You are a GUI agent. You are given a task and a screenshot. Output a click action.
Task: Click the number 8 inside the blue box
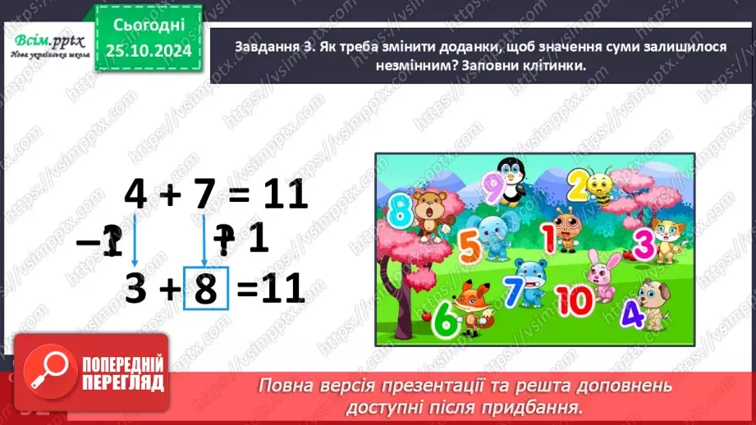click(205, 288)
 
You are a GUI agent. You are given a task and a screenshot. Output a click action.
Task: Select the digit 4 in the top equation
click(135, 196)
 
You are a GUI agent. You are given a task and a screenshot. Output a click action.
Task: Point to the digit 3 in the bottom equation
click(135, 288)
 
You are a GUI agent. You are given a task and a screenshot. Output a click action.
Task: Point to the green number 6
click(443, 319)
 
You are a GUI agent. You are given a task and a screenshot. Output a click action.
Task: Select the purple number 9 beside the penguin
click(490, 185)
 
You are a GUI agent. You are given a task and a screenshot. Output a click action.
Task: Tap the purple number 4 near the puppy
click(631, 315)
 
